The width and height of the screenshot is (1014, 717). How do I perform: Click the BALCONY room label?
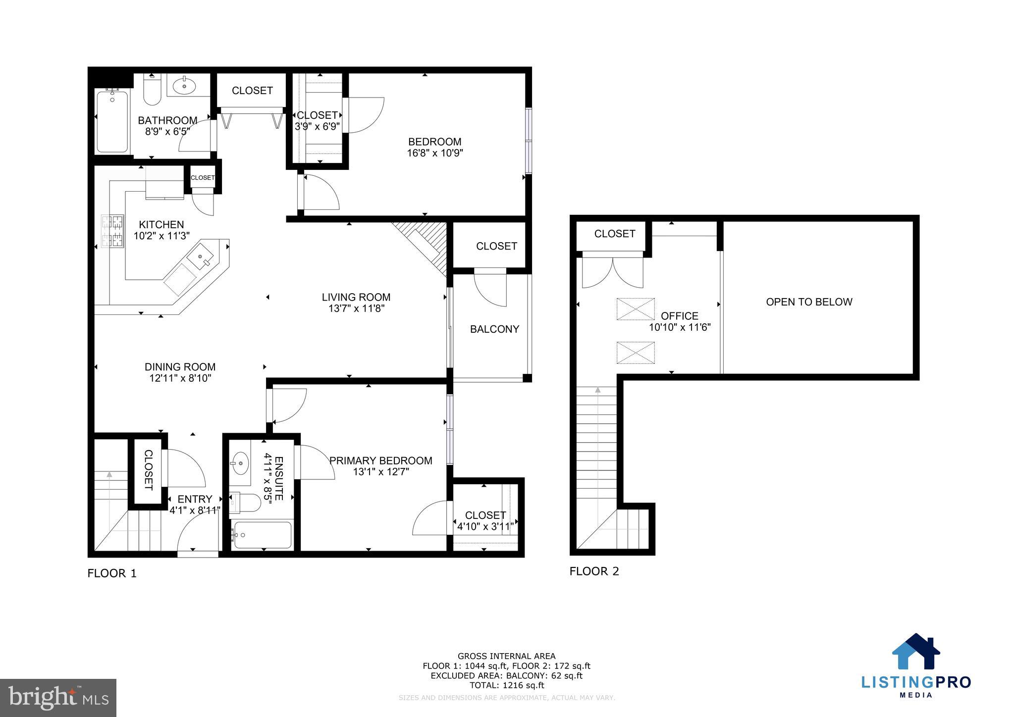click(x=494, y=329)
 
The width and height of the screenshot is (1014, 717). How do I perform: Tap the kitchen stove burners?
click(x=112, y=231)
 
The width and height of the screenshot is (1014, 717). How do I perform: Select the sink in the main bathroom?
click(x=185, y=86)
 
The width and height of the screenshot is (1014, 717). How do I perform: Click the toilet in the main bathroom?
click(x=152, y=91)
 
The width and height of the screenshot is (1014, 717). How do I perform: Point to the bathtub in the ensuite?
click(x=262, y=535)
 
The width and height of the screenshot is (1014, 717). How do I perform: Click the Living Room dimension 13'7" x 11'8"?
click(x=356, y=308)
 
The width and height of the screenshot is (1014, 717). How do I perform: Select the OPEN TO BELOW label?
click(x=809, y=302)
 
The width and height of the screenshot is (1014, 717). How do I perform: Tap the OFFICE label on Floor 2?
click(x=680, y=316)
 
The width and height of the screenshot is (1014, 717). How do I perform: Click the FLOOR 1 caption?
click(x=112, y=573)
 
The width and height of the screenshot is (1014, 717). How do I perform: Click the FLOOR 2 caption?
click(x=594, y=571)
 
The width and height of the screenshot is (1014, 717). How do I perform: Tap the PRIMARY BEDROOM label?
click(x=380, y=461)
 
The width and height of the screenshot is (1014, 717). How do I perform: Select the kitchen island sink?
click(x=201, y=257)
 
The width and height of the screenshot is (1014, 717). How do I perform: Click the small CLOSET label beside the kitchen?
click(x=203, y=178)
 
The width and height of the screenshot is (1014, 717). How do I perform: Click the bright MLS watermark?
click(x=58, y=698)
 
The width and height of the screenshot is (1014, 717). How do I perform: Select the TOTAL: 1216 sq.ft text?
click(x=506, y=685)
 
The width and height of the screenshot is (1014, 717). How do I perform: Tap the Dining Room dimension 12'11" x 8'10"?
click(x=180, y=378)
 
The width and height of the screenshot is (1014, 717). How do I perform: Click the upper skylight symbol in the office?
click(x=636, y=309)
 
